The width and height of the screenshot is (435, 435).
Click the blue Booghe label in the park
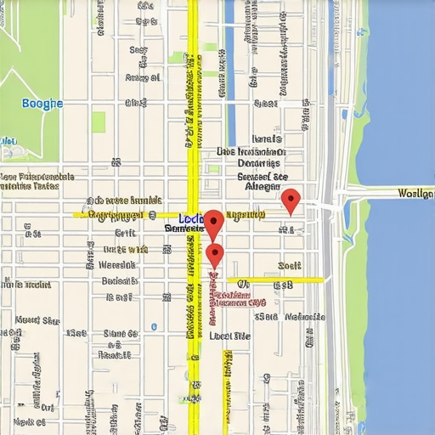(42, 104)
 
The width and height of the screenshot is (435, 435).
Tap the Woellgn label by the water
(415, 194)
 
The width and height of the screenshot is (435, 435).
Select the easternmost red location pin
(291, 201)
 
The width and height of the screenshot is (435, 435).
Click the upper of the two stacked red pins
(213, 223)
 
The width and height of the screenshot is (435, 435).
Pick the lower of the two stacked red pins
(214, 254)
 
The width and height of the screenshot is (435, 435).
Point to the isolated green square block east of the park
(99, 122)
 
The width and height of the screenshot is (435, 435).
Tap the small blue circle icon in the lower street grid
(154, 326)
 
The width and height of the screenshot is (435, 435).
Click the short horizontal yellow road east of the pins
(274, 280)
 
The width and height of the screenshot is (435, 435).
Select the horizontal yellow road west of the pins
(127, 215)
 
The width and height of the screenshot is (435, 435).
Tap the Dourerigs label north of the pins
(258, 163)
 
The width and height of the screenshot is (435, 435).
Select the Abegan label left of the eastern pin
(262, 185)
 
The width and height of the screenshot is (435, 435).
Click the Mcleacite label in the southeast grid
(305, 317)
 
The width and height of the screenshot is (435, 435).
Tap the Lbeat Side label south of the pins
(229, 336)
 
